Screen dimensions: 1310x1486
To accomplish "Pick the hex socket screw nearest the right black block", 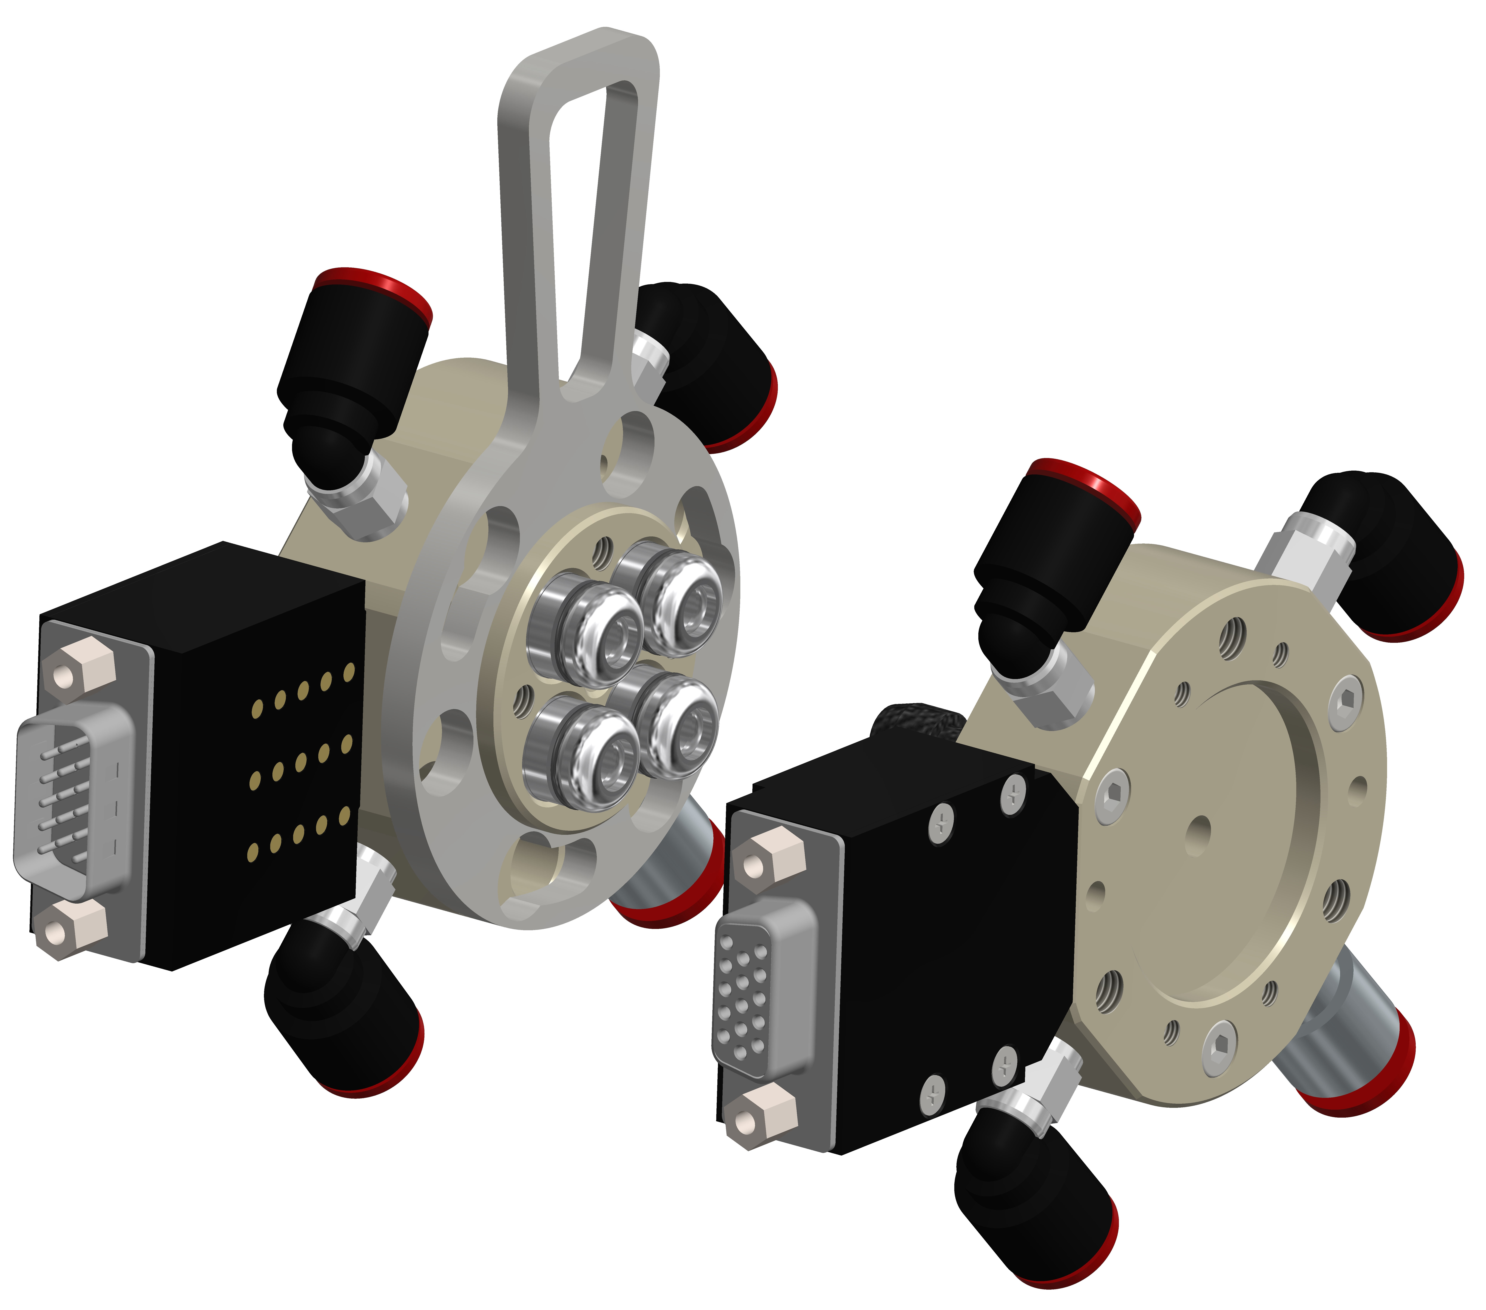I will pyautogui.click(x=1112, y=796).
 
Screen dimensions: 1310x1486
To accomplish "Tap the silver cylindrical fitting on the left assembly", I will pyautogui.click(x=672, y=861).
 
